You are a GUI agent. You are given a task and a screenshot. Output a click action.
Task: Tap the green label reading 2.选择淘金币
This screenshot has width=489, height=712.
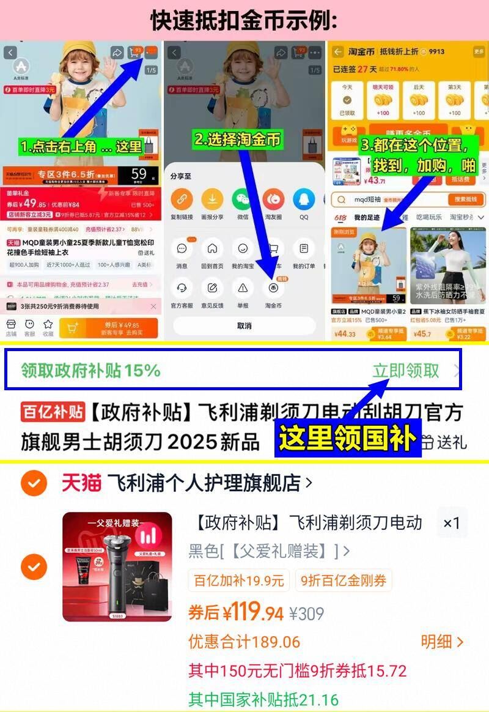[238, 139]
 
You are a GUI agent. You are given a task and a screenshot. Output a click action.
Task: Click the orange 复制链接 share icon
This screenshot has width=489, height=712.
[182, 199]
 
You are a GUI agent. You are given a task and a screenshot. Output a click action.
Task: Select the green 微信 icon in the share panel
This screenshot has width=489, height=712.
[243, 199]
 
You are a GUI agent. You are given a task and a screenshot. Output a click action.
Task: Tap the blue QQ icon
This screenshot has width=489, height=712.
[304, 199]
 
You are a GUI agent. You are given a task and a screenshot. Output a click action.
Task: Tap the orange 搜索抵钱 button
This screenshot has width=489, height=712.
[466, 199]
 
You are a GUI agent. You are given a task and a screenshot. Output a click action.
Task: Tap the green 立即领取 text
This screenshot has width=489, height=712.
[406, 371]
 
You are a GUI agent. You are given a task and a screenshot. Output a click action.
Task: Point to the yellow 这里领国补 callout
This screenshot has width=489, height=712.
[347, 439]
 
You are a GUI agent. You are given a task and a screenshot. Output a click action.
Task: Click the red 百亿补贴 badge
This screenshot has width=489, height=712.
[53, 412]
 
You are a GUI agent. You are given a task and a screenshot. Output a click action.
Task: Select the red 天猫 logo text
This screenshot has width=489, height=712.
[81, 483]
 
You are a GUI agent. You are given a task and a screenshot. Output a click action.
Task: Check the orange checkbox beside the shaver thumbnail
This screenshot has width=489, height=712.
[34, 566]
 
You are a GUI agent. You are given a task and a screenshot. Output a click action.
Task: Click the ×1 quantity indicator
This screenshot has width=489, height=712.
[452, 523]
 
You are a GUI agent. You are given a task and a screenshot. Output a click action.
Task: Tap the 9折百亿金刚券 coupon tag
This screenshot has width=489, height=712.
[343, 580]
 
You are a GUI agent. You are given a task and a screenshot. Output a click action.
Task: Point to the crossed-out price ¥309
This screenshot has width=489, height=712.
[306, 613]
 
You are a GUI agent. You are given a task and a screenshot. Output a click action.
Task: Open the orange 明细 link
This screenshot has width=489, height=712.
[441, 642]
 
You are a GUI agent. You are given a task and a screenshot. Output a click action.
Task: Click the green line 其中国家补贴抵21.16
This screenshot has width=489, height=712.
[263, 699]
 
